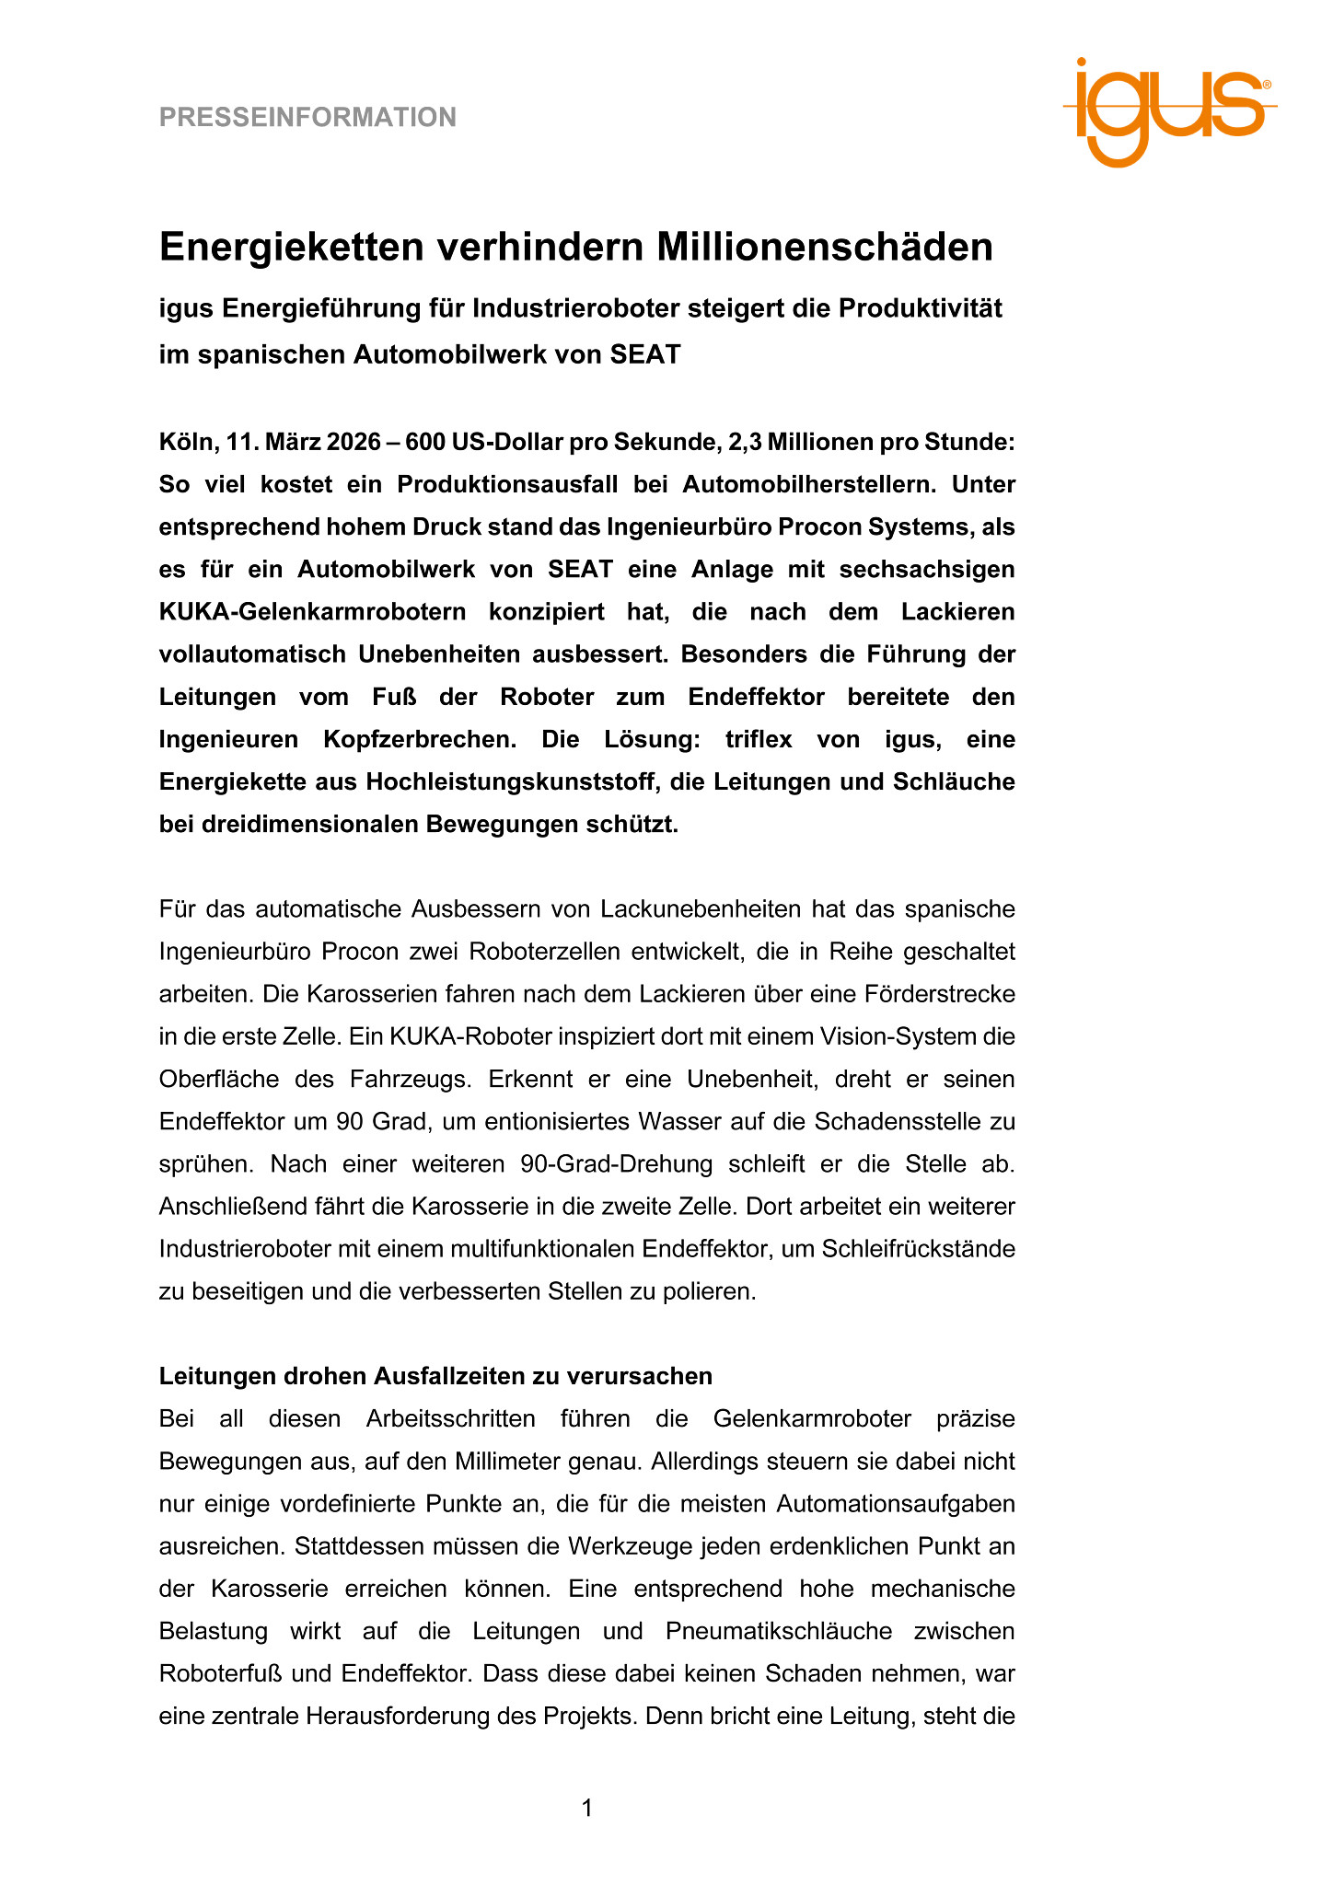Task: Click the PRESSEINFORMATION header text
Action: pos(307,118)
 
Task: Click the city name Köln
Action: pos(187,443)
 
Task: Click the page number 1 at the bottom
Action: pos(587,1809)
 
